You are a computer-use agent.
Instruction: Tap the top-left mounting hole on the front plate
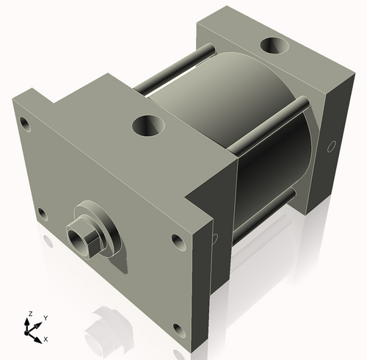[26, 122]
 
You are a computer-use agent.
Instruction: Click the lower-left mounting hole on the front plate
[42, 214]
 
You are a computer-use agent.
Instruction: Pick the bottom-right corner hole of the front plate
[176, 328]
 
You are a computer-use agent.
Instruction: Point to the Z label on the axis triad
[29, 314]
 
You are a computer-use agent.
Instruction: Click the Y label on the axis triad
[46, 317]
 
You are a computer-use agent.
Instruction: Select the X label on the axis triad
[46, 339]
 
